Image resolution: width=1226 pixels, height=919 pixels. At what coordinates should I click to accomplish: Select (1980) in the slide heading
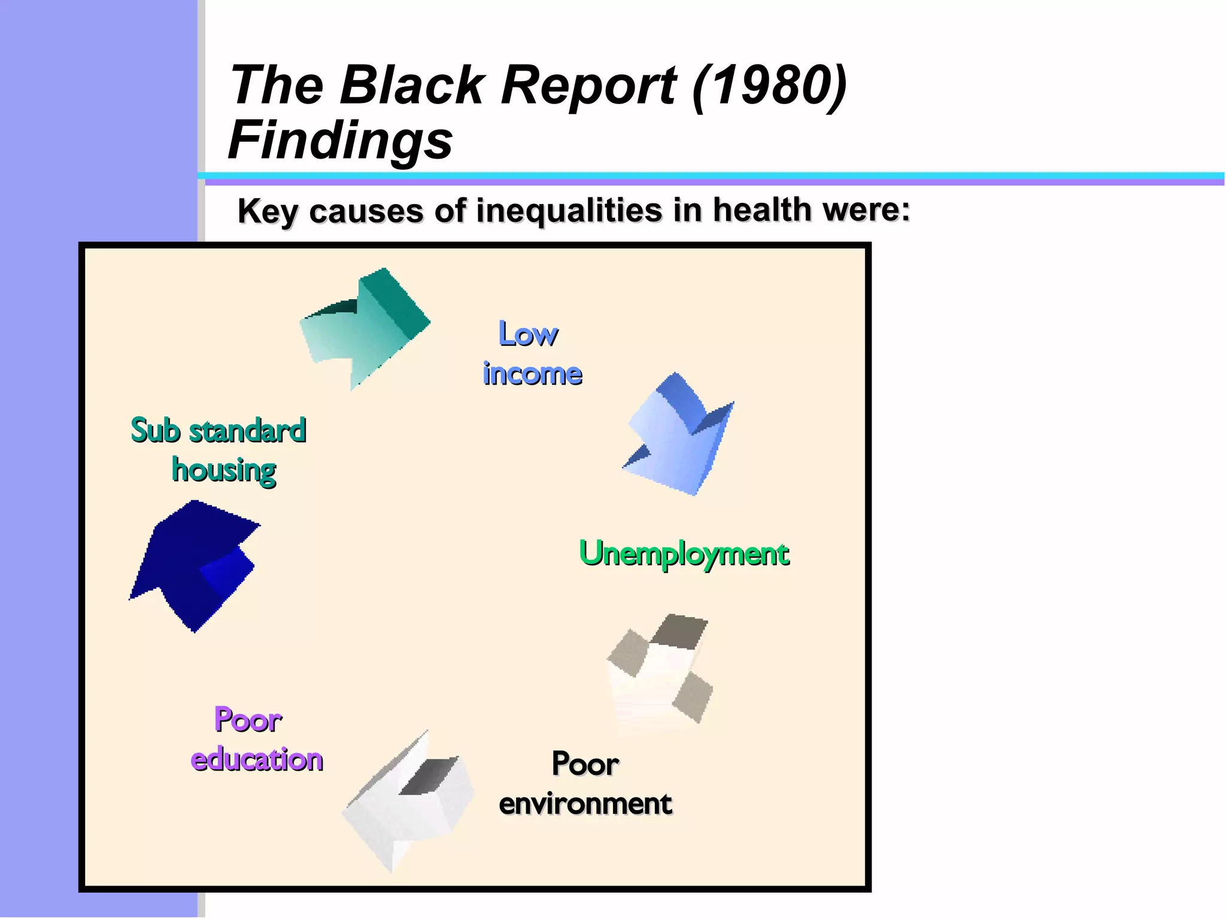(769, 85)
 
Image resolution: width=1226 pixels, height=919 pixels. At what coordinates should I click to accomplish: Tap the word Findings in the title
(340, 141)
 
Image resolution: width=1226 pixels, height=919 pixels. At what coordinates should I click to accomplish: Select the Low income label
(532, 354)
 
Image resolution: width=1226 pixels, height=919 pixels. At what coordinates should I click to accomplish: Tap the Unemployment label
(684, 553)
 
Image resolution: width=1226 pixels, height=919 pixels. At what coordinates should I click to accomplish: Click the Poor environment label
(585, 784)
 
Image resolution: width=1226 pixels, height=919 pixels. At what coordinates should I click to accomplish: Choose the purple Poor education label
(256, 740)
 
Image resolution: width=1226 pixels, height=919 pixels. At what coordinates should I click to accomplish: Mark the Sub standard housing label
(219, 450)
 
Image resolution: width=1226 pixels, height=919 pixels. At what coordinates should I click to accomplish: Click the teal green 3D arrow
(368, 326)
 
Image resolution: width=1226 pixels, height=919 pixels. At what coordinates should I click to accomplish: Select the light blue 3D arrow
(682, 437)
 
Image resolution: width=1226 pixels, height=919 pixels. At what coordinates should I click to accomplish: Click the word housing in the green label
(224, 470)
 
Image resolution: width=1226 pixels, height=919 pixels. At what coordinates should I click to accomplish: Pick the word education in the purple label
(256, 760)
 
